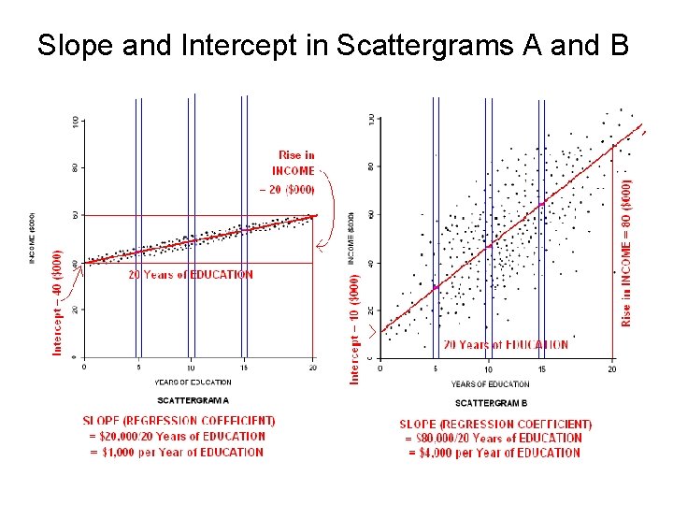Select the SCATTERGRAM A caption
pyautogui.click(x=193, y=400)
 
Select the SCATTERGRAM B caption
pyautogui.click(x=491, y=403)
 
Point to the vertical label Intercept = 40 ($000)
pyautogui.click(x=58, y=301)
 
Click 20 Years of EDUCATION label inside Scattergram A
pyautogui.click(x=190, y=275)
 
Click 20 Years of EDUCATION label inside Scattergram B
pyautogui.click(x=505, y=345)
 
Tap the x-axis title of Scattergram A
pyautogui.click(x=193, y=382)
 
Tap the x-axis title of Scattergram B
pyautogui.click(x=490, y=384)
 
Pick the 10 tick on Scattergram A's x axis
pyautogui.click(x=191, y=367)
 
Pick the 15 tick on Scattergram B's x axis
pyautogui.click(x=541, y=369)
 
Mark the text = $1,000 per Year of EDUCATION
pyautogui.click(x=177, y=453)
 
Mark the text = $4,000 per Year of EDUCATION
pyautogui.click(x=494, y=453)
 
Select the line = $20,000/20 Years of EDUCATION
pyautogui.click(x=177, y=437)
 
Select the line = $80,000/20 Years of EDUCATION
pyautogui.click(x=494, y=439)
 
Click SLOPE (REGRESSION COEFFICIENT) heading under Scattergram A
pyautogui.click(x=179, y=422)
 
